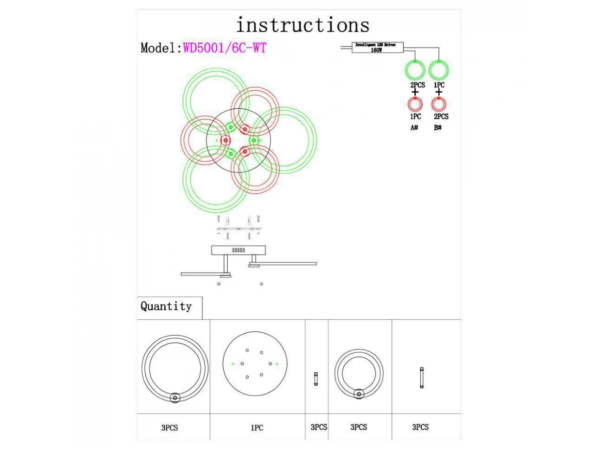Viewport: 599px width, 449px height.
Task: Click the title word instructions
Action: click(302, 25)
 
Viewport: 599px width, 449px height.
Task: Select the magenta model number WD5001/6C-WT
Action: click(225, 48)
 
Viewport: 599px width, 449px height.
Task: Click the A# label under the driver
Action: click(414, 128)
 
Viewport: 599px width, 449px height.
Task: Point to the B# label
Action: click(438, 128)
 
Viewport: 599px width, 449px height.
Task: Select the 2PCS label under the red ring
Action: click(441, 116)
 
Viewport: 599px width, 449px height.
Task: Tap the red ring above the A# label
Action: click(414, 105)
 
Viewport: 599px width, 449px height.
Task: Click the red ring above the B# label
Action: click(438, 105)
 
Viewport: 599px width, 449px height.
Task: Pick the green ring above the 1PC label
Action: click(439, 70)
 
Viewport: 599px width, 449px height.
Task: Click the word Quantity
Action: click(166, 306)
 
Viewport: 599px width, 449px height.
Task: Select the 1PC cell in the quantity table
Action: click(257, 428)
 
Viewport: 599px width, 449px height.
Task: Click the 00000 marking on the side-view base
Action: click(239, 250)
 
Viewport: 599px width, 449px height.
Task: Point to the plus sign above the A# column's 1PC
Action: click(414, 93)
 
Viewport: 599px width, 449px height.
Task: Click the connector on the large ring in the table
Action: click(175, 398)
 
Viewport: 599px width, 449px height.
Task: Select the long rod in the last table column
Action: click(421, 378)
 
